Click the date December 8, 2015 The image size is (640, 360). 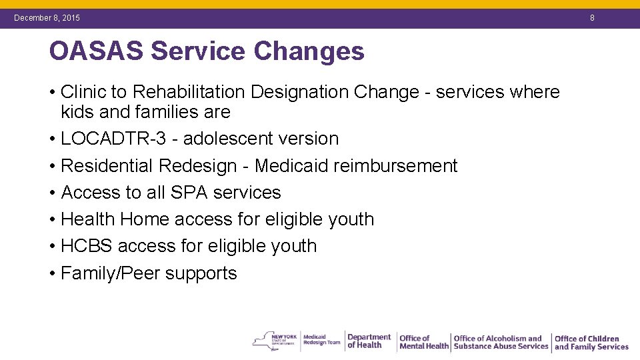click(47, 18)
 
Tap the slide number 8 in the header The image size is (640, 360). click(591, 18)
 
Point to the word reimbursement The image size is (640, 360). click(399, 165)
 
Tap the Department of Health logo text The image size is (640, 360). click(369, 341)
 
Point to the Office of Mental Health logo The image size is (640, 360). click(423, 342)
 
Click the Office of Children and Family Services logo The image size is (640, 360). click(591, 343)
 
